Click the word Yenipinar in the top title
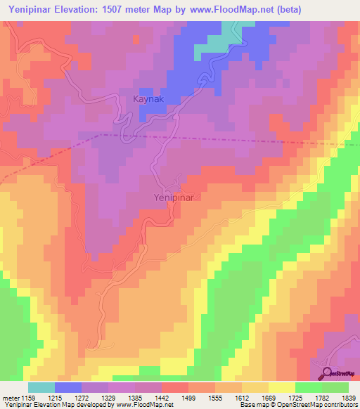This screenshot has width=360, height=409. pos(32,9)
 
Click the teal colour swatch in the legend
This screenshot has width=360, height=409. pos(41,387)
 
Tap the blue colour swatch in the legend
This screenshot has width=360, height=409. pos(68,387)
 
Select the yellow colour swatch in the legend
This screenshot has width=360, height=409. pos(282,387)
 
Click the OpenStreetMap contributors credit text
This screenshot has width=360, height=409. pos(317,405)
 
